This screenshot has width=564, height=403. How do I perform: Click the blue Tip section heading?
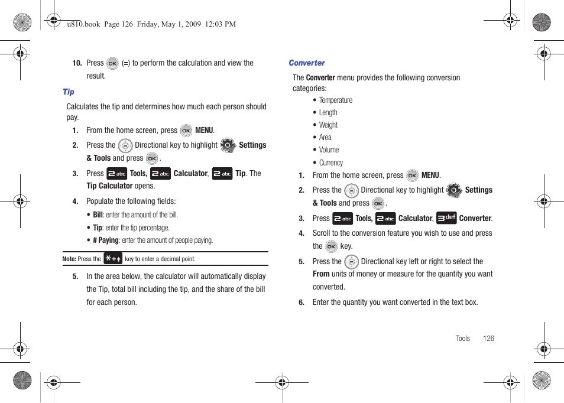tap(69, 92)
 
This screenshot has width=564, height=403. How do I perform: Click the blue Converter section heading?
tap(307, 63)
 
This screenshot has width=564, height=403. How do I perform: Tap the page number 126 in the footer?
tap(488, 339)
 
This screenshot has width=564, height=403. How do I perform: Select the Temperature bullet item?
tap(335, 100)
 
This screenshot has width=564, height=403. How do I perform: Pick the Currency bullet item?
tap(330, 163)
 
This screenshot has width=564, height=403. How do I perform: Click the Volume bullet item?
tap(329, 150)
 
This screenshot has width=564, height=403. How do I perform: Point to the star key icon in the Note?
tap(113, 258)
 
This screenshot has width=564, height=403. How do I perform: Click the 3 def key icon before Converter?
tap(446, 218)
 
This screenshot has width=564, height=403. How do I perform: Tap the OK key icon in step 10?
tap(112, 64)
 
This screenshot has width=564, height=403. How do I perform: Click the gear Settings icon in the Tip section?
tap(228, 145)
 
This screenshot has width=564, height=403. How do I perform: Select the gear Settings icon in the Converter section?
tap(454, 190)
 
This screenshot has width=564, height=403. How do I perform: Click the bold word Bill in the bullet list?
tap(98, 215)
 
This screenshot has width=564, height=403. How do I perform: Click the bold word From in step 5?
tap(321, 274)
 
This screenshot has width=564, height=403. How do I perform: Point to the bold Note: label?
tap(69, 259)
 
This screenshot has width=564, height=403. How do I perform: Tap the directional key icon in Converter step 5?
tap(351, 262)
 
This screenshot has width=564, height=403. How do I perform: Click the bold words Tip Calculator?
tap(109, 186)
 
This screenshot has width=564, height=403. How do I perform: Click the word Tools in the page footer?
tap(463, 339)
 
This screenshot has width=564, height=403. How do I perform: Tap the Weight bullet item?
tap(328, 125)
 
